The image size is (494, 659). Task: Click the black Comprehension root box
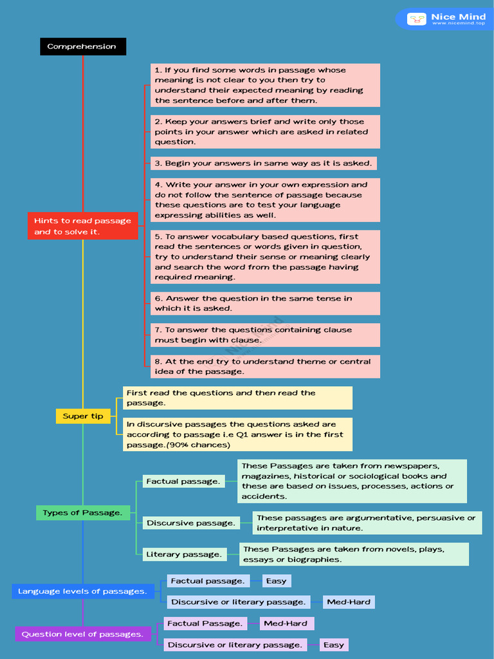click(83, 46)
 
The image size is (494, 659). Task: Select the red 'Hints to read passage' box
click(83, 226)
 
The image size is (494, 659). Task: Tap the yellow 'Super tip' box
click(83, 416)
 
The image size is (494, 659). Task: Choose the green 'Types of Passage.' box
click(83, 513)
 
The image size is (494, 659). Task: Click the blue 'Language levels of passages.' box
click(83, 591)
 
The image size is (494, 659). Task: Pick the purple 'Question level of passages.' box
click(83, 634)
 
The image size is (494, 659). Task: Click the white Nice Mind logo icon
click(416, 19)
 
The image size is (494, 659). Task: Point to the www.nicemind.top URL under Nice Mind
click(459, 24)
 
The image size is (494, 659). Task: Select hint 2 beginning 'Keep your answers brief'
click(265, 131)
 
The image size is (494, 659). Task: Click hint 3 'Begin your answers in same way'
click(263, 163)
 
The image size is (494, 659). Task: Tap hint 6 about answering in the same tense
click(265, 304)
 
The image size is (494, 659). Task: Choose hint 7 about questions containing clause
click(265, 335)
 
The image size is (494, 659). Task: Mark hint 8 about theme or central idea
click(265, 366)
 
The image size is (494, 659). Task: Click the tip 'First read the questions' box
click(237, 398)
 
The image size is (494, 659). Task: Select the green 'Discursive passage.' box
click(191, 523)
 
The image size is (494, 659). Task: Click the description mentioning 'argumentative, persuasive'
click(367, 523)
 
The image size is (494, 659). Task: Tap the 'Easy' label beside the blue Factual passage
click(277, 581)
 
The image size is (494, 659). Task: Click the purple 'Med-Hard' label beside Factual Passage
click(286, 624)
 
